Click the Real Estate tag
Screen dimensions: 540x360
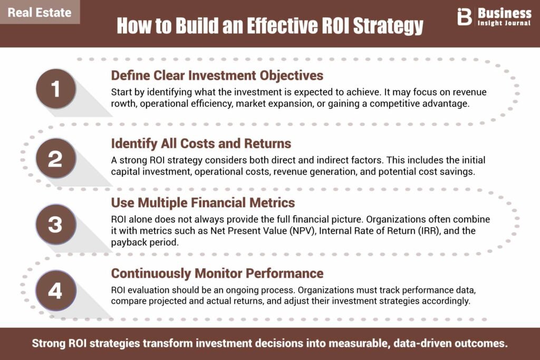[x=40, y=12]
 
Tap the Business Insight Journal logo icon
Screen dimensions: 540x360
[x=464, y=17]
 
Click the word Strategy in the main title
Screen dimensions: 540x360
[x=388, y=25]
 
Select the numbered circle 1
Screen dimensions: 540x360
[x=56, y=89]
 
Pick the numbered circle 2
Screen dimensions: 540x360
[x=56, y=158]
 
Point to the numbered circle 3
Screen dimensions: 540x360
[x=56, y=225]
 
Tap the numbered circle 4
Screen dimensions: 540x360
[x=56, y=290]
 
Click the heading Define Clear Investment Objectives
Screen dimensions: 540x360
[x=217, y=76]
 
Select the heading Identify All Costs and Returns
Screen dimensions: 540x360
[x=201, y=143]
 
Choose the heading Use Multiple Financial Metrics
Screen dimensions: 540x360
[x=203, y=203]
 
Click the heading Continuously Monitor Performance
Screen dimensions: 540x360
[x=217, y=273]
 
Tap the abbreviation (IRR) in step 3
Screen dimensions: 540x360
[x=429, y=230]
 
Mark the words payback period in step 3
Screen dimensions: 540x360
[x=144, y=242]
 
